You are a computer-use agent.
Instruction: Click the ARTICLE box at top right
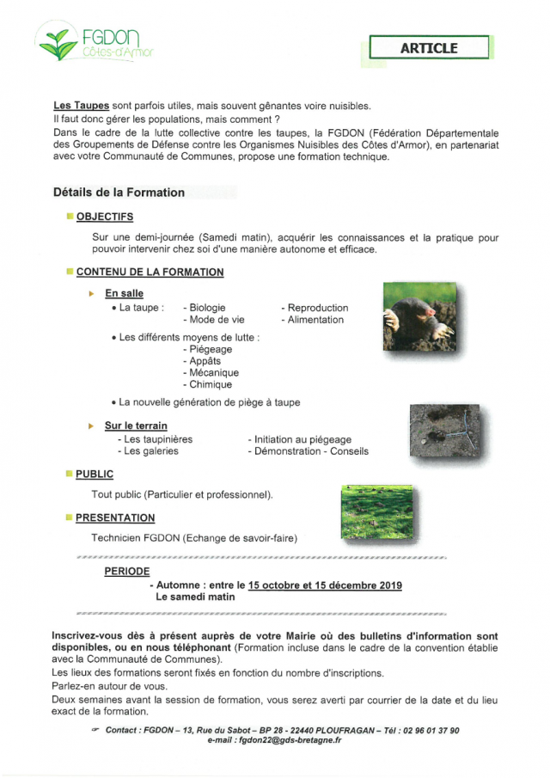click(x=429, y=48)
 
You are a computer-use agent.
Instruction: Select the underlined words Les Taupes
click(x=81, y=106)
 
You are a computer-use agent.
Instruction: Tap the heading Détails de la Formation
click(x=119, y=193)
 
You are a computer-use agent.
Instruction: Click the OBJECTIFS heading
click(x=104, y=217)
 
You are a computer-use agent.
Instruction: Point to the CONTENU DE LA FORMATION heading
click(x=150, y=272)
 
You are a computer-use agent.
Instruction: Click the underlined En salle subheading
click(x=124, y=294)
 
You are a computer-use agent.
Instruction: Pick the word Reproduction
click(x=318, y=308)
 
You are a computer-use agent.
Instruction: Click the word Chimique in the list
click(x=211, y=385)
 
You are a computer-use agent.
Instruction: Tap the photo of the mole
click(x=419, y=317)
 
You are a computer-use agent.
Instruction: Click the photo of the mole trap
click(x=445, y=433)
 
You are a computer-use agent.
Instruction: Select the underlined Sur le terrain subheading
click(x=136, y=426)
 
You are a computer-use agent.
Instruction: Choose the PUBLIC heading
click(x=94, y=474)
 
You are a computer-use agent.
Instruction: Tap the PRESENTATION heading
click(x=115, y=518)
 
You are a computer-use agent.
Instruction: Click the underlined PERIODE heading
click(x=127, y=571)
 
